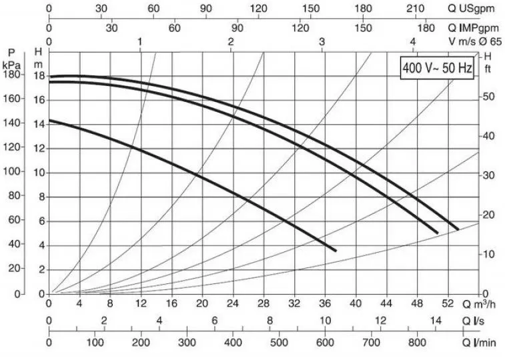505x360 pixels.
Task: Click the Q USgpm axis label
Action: [x=470, y=9]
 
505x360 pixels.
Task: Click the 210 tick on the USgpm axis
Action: [x=416, y=9]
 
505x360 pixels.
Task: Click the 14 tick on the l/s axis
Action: [x=435, y=321]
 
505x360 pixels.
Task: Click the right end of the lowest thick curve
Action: [x=335, y=250]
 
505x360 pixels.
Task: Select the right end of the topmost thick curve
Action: [x=458, y=229]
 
